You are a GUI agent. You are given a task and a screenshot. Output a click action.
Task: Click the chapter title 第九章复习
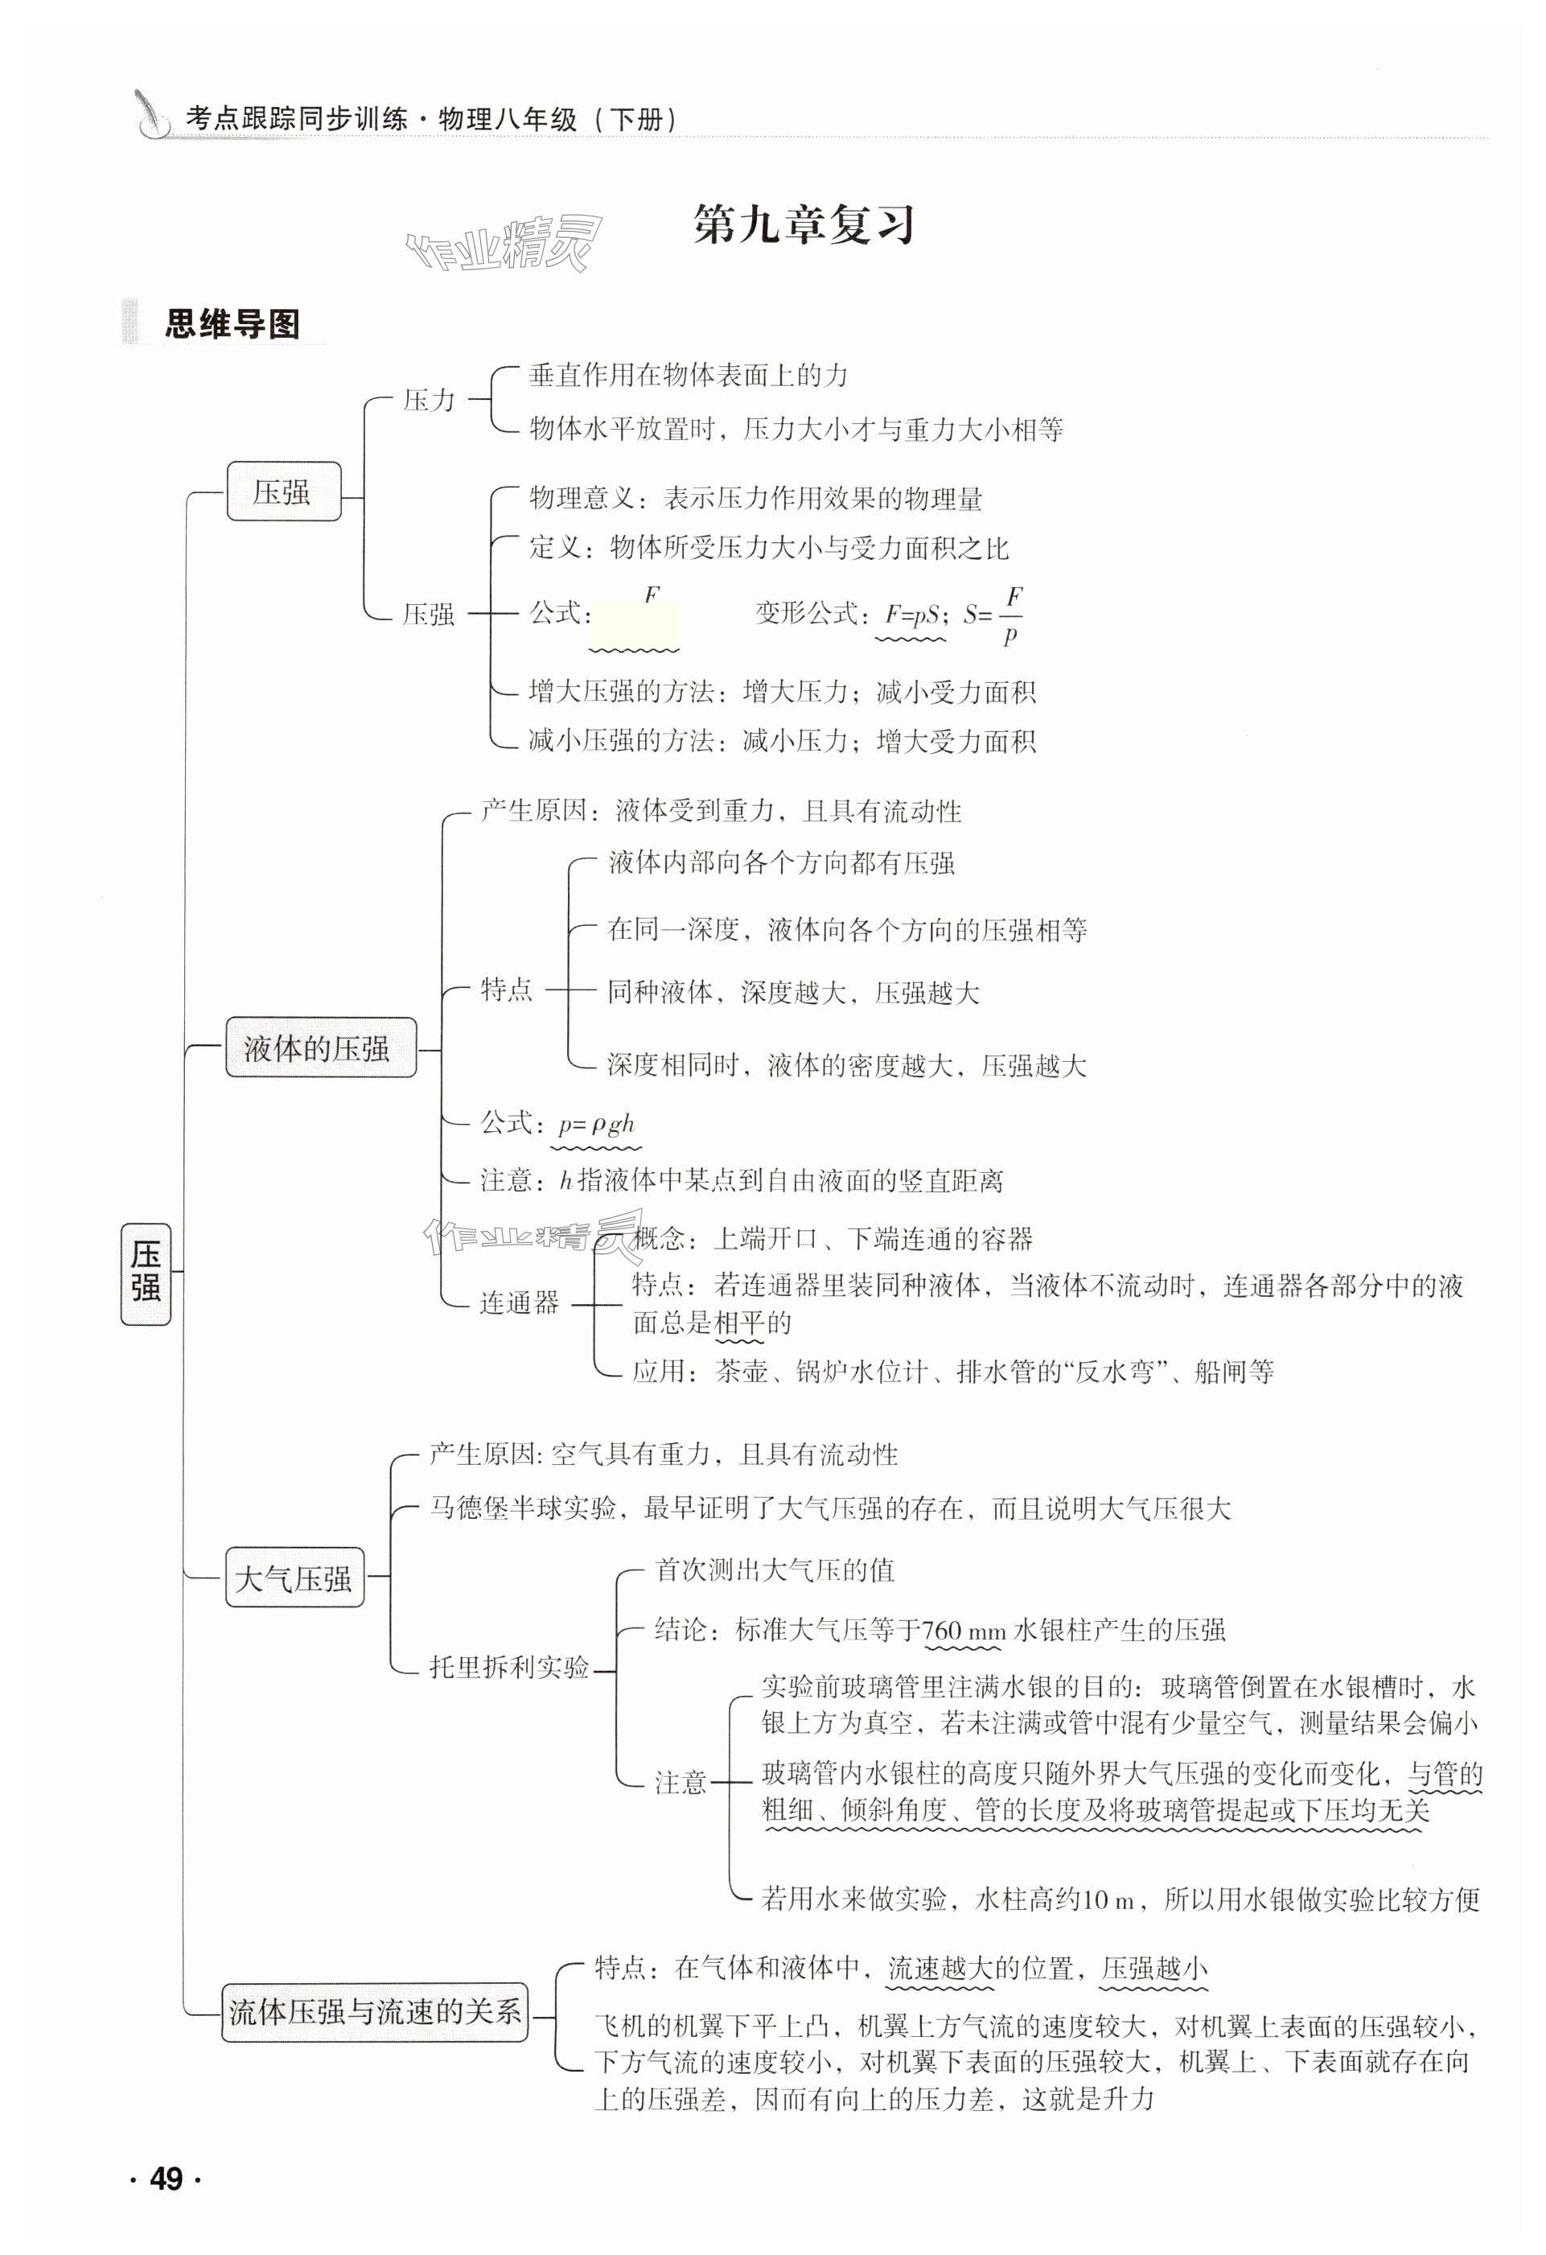click(804, 226)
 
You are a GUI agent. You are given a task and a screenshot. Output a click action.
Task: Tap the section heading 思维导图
click(232, 324)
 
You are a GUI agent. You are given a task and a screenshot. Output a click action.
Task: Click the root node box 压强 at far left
click(146, 1273)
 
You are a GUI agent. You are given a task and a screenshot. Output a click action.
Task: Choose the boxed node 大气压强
click(294, 1578)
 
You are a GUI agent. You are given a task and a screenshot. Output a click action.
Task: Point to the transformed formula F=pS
click(911, 614)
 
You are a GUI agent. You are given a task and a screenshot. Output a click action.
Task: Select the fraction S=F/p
click(993, 614)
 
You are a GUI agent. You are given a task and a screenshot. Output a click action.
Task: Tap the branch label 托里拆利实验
click(509, 1667)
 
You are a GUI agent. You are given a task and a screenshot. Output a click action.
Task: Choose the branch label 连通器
click(519, 1302)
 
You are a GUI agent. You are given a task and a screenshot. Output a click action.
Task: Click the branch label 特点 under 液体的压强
click(506, 990)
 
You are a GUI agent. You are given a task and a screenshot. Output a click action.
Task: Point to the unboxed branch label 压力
click(429, 400)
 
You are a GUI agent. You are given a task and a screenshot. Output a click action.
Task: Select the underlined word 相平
click(739, 1323)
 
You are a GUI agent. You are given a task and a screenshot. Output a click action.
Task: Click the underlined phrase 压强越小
click(1154, 1968)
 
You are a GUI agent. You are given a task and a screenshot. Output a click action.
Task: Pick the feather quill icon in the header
click(150, 114)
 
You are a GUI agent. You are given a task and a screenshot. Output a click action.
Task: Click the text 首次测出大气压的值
click(774, 1570)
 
